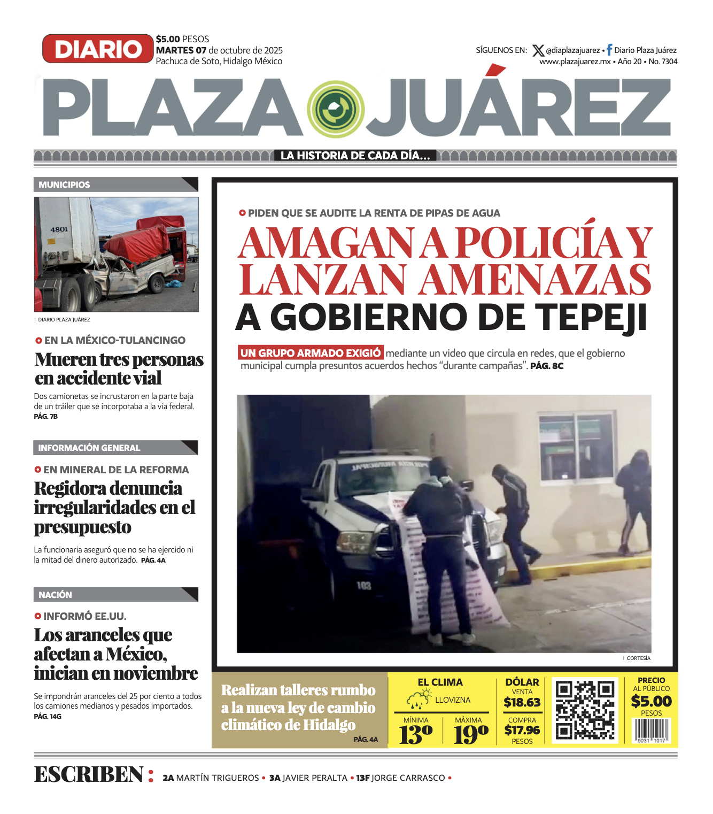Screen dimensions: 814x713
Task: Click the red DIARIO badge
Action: pyautogui.click(x=98, y=49)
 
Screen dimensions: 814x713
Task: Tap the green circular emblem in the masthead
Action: pyautogui.click(x=336, y=109)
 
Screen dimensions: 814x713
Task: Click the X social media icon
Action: pyautogui.click(x=538, y=51)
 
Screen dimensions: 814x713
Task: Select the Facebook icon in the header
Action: pyautogui.click(x=609, y=50)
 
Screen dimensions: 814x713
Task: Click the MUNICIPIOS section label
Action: pyautogui.click(x=64, y=185)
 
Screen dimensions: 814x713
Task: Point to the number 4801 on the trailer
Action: pyautogui.click(x=59, y=229)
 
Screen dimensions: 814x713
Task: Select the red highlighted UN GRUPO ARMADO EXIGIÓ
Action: pyautogui.click(x=311, y=353)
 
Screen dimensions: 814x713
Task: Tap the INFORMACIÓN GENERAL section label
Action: pyautogui.click(x=89, y=448)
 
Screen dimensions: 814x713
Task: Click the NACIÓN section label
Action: pyautogui.click(x=55, y=595)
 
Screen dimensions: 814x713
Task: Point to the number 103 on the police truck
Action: pyautogui.click(x=364, y=586)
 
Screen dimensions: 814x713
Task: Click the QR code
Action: pyautogui.click(x=585, y=710)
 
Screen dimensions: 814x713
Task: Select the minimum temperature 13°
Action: pyautogui.click(x=415, y=734)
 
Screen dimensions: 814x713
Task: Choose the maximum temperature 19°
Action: pyautogui.click(x=471, y=734)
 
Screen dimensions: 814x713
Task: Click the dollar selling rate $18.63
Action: pyautogui.click(x=522, y=702)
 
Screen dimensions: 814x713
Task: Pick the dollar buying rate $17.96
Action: pyautogui.click(x=522, y=730)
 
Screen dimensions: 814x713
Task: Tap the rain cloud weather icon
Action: pyautogui.click(x=418, y=699)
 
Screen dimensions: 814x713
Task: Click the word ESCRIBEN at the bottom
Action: pyautogui.click(x=89, y=774)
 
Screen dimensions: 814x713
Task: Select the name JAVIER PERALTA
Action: pyautogui.click(x=315, y=778)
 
